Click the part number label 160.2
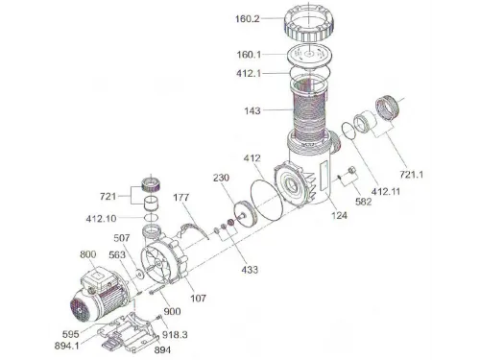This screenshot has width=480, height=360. click(x=248, y=19)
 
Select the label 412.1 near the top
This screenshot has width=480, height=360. click(x=249, y=73)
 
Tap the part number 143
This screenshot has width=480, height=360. click(x=252, y=110)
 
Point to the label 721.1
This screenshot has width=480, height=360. click(x=412, y=175)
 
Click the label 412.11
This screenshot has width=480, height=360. click(x=386, y=192)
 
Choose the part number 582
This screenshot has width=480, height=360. click(x=364, y=202)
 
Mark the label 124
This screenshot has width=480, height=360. click(x=339, y=215)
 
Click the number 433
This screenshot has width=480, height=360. click(x=250, y=270)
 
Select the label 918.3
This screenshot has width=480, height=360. click(x=175, y=335)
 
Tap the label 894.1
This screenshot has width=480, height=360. click(x=67, y=346)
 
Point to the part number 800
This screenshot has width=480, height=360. click(x=88, y=254)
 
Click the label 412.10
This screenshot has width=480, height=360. click(x=101, y=219)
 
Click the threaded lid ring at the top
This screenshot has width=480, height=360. click(x=309, y=24)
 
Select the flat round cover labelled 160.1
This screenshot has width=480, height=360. click(x=309, y=56)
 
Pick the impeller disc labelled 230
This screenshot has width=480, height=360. click(x=246, y=214)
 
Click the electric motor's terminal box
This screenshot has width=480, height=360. click(x=98, y=278)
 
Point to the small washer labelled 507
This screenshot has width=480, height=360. click(x=139, y=274)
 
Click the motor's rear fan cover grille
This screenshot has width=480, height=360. click(x=80, y=310)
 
